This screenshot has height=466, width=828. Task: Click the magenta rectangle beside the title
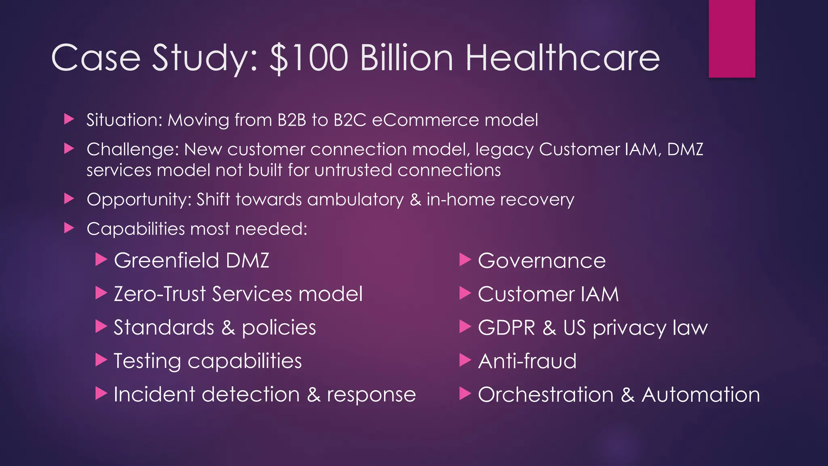(732, 39)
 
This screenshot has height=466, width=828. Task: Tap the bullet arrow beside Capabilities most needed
(69, 229)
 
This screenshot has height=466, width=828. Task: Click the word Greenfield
(167, 260)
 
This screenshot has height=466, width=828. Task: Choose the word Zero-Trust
(160, 294)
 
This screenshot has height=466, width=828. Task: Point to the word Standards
(164, 327)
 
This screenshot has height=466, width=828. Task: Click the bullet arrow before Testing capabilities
(101, 360)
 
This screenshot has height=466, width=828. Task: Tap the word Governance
(542, 261)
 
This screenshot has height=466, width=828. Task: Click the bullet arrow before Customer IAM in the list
(465, 293)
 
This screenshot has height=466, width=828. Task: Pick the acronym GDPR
(507, 328)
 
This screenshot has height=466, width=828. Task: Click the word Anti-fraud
(527, 361)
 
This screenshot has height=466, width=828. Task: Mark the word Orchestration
(546, 394)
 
